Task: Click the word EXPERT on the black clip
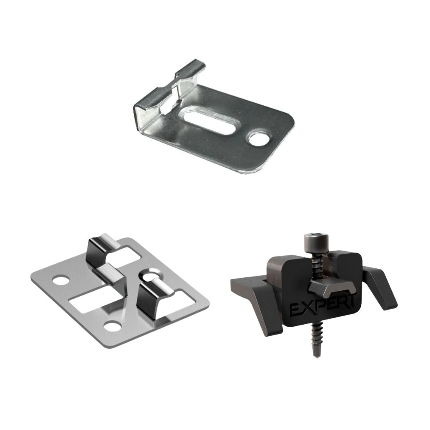322,305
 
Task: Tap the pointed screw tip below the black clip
316,355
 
